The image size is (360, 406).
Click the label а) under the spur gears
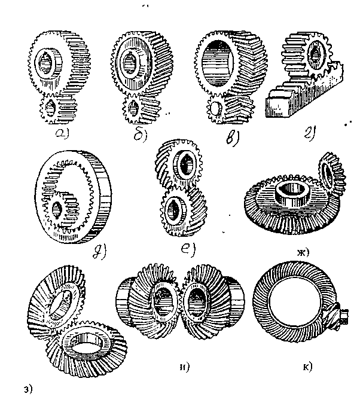pyautogui.click(x=62, y=133)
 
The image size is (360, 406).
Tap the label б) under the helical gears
pyautogui.click(x=141, y=135)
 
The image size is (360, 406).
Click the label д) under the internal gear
pyautogui.click(x=99, y=253)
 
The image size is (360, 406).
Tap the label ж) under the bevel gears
pyautogui.click(x=303, y=252)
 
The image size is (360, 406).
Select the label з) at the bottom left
pyautogui.click(x=28, y=389)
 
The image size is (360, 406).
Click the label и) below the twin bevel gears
pyautogui.click(x=185, y=367)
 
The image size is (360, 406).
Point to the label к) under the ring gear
pyautogui.click(x=308, y=367)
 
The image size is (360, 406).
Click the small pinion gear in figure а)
pyautogui.click(x=58, y=108)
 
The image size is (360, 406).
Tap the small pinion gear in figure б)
pyautogui.click(x=141, y=109)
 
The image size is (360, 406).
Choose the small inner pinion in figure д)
pyautogui.click(x=62, y=209)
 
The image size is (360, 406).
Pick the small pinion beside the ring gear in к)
pyautogui.click(x=337, y=316)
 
